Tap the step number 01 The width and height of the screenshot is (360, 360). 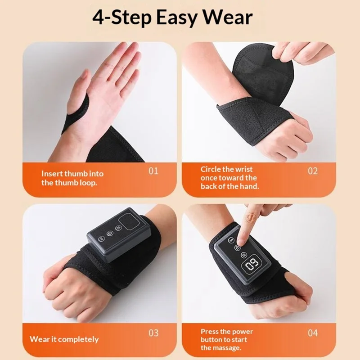(153, 171)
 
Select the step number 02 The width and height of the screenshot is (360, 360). (313, 171)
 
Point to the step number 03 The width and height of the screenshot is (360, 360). (153, 333)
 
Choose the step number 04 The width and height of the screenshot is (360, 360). (313, 333)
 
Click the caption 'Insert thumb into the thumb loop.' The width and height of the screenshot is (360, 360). (72, 178)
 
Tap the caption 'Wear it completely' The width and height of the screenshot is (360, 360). (64, 339)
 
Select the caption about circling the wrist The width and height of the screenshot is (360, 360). (229, 178)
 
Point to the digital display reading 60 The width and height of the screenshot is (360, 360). (251, 265)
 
